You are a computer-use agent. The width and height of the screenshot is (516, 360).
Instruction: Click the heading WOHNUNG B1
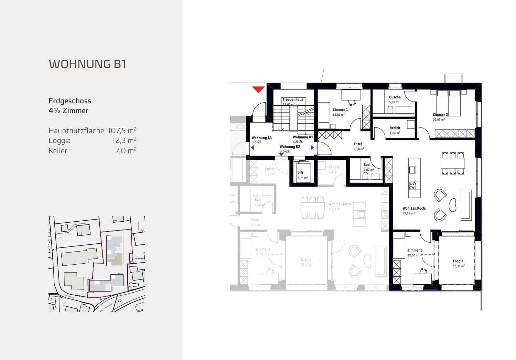(x=87, y=64)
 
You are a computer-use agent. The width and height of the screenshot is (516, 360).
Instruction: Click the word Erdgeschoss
(x=70, y=101)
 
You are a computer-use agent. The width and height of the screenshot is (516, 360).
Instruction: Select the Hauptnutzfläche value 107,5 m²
(x=122, y=130)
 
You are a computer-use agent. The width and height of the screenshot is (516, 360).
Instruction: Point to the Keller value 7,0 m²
(x=126, y=150)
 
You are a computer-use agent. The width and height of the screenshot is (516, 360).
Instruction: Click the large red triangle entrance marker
(x=258, y=89)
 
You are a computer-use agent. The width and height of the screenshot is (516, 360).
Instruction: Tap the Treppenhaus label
(x=293, y=99)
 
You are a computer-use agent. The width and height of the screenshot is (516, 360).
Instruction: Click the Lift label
(x=300, y=173)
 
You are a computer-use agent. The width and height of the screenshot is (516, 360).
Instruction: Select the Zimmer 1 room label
(x=340, y=109)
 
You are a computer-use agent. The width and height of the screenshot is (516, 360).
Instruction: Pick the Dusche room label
(x=395, y=97)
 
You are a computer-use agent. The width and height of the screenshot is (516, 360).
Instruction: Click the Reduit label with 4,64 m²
(x=395, y=128)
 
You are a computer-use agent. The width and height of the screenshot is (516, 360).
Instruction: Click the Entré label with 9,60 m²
(x=358, y=144)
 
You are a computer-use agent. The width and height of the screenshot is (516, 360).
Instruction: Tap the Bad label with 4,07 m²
(x=366, y=165)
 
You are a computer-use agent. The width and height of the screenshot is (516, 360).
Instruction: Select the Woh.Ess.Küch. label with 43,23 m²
(x=414, y=208)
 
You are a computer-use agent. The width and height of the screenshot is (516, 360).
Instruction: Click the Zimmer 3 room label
(x=415, y=250)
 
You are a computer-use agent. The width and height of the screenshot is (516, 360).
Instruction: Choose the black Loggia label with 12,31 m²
(x=458, y=261)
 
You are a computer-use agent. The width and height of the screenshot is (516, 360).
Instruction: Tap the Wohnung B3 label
(x=261, y=138)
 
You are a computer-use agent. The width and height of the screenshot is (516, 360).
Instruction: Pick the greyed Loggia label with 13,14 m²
(x=306, y=260)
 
